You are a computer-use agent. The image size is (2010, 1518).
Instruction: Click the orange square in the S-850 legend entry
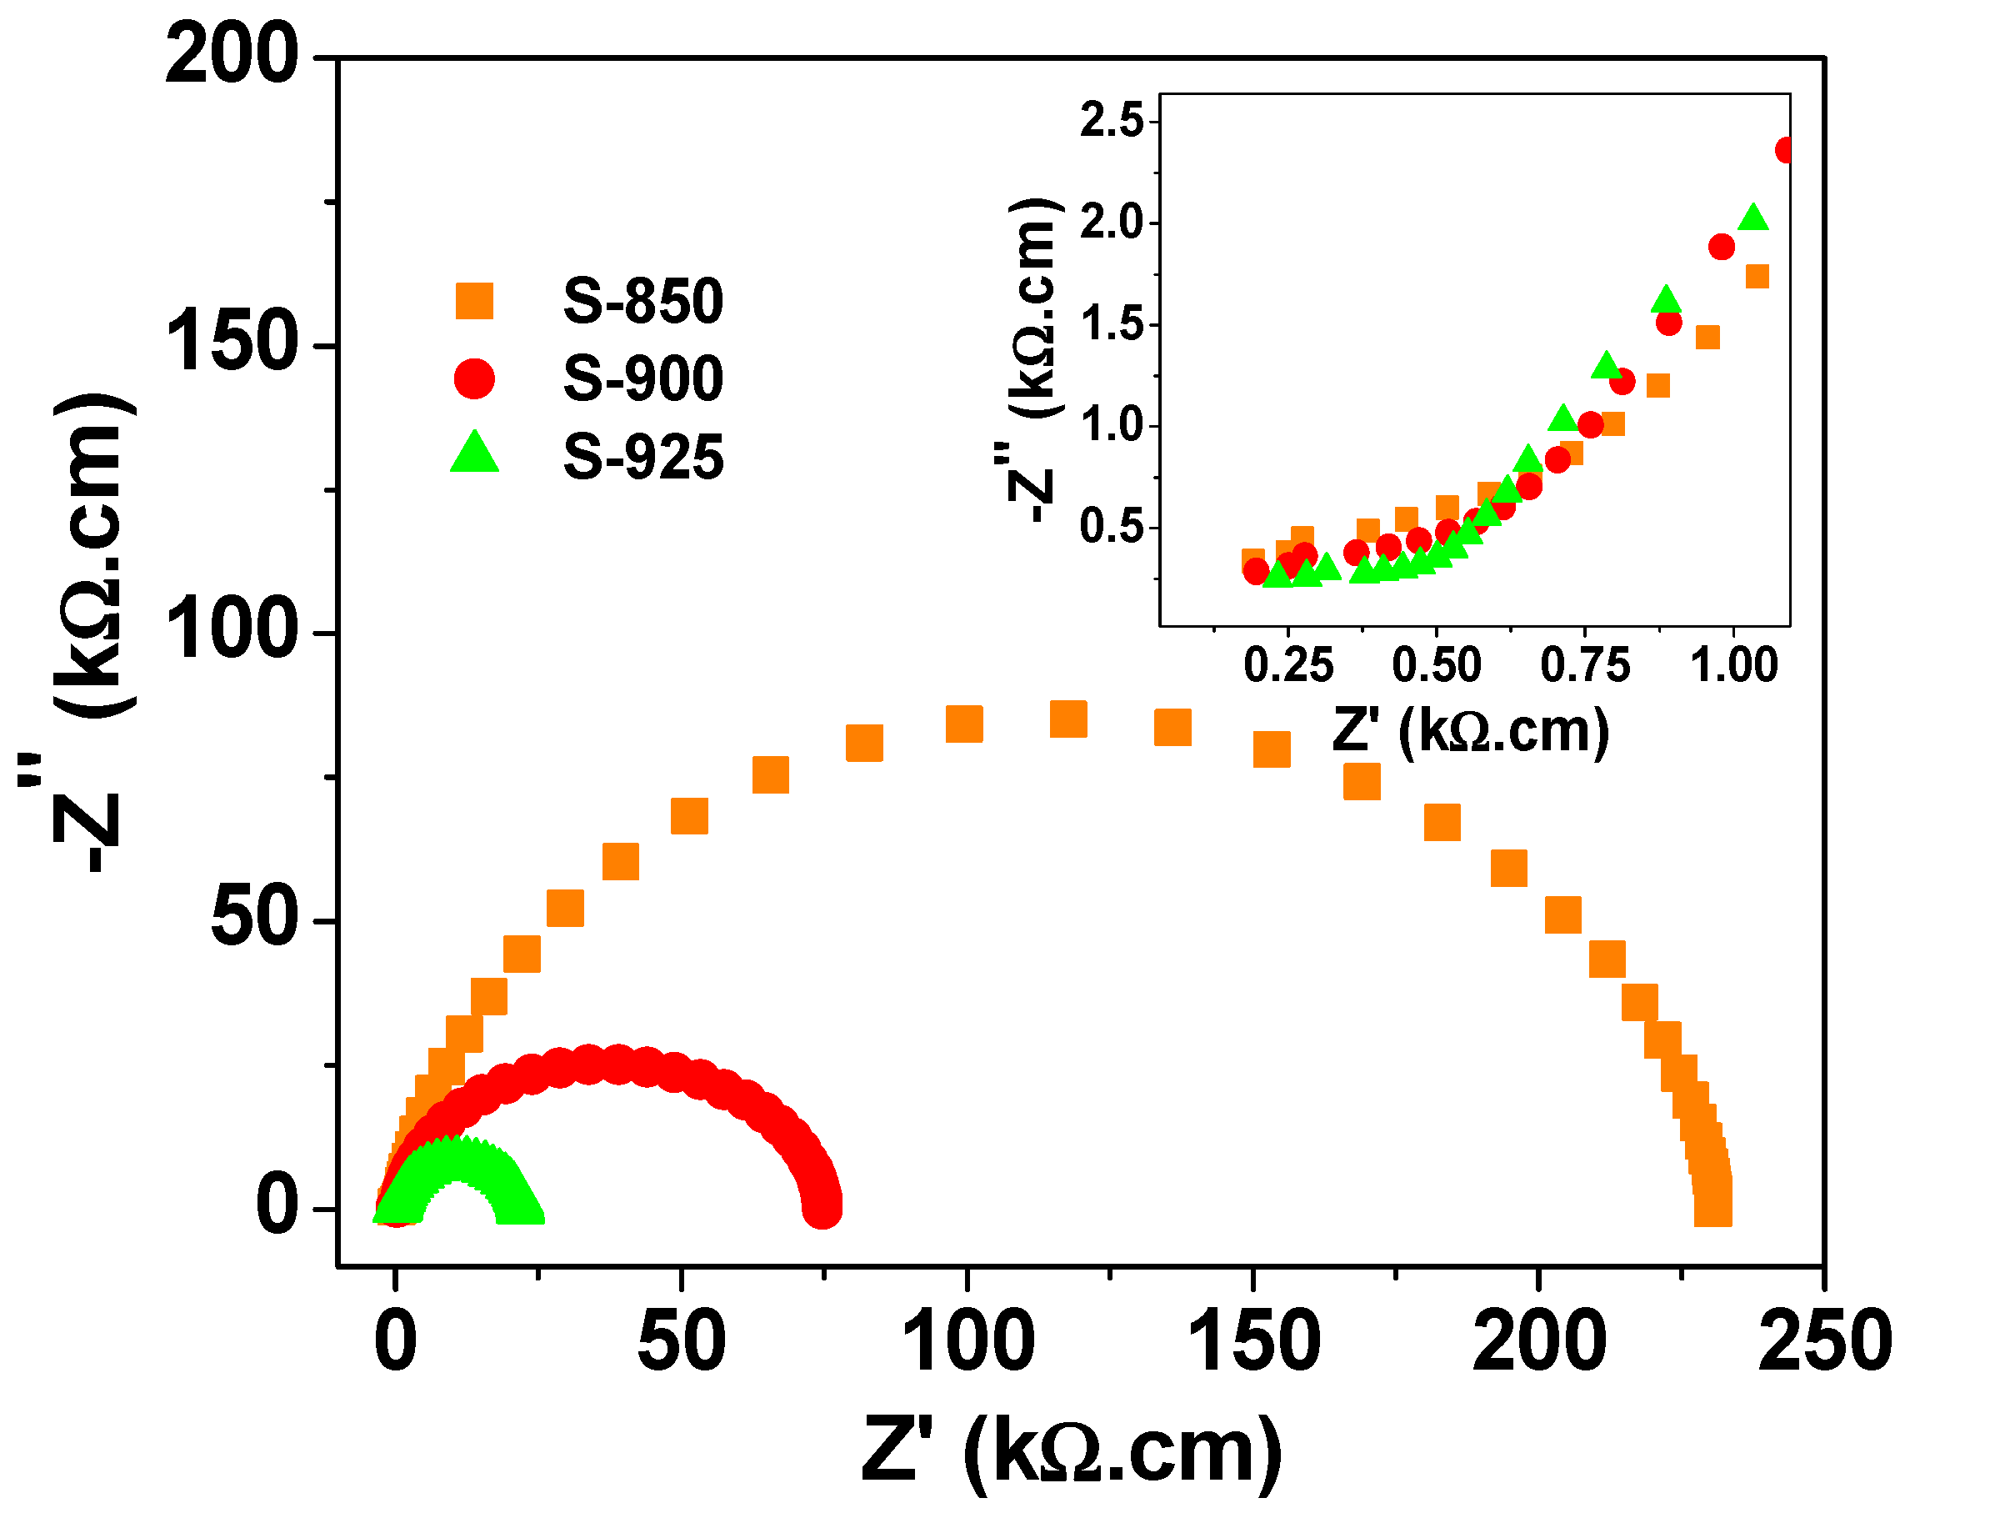[473, 301]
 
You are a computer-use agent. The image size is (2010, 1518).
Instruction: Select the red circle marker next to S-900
[473, 378]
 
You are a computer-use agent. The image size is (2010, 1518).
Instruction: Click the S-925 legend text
[642, 456]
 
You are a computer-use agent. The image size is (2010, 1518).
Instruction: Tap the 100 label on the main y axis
[231, 631]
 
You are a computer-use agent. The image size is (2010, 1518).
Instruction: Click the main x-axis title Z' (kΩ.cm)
[1072, 1450]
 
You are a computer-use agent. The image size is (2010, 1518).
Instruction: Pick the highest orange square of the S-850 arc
[1067, 719]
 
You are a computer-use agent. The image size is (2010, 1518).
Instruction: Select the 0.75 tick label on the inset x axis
[1585, 664]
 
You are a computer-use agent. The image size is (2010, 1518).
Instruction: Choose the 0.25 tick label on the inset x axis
[1287, 664]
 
